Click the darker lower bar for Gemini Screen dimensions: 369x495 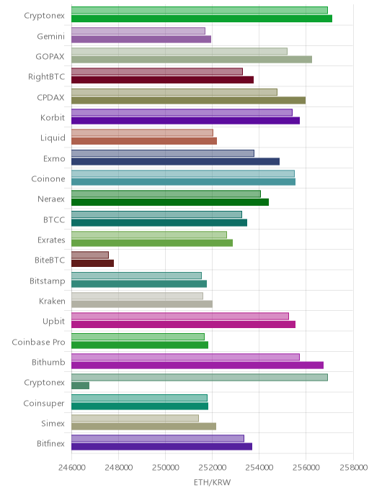141,39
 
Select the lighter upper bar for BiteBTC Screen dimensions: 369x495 90,255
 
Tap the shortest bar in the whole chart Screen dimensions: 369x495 80,386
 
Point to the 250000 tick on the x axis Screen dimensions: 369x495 165,467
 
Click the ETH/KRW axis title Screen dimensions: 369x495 212,482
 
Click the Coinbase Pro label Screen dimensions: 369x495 39,342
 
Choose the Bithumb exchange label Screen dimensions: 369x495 48,362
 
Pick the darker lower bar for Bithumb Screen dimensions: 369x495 197,365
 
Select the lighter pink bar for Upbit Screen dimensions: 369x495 180,316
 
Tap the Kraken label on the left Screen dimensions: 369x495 52,301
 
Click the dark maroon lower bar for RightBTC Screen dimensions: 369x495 163,80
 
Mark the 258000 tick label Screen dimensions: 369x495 353,467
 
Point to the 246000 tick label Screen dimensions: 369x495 71,467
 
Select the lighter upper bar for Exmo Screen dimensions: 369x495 163,153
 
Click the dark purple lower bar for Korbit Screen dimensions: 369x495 186,121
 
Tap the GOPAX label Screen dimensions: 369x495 50,57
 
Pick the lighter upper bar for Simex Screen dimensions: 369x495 135,418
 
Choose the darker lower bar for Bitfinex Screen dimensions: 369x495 162,446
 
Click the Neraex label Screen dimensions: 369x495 51,199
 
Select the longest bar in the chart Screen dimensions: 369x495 202,19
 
